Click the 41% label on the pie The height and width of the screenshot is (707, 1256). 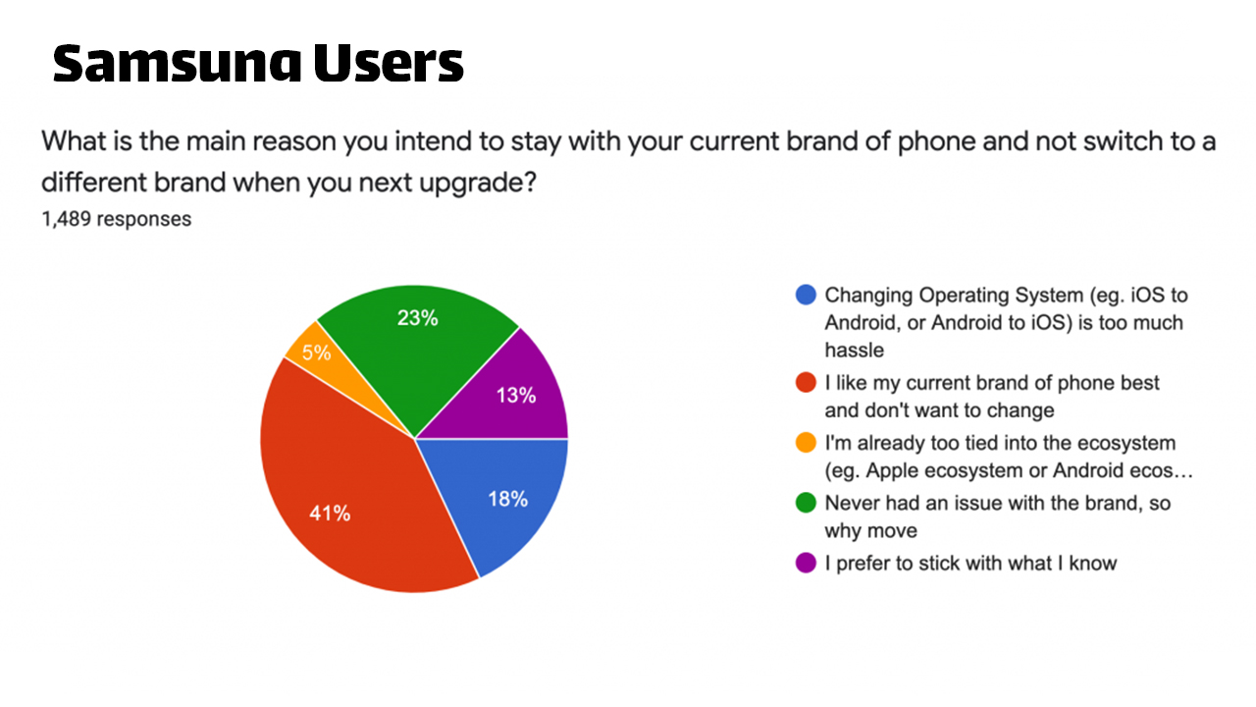330,513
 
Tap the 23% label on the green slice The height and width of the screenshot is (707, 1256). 417,318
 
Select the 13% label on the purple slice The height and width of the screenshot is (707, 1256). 516,396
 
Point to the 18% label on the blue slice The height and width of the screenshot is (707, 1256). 507,499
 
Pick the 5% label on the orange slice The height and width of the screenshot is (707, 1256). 316,353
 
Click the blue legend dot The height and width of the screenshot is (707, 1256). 806,295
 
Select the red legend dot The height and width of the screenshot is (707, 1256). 806,382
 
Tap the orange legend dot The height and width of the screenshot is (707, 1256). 806,442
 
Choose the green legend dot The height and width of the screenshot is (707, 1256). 806,502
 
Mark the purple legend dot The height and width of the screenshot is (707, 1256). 806,563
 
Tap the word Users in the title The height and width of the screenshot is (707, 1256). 389,63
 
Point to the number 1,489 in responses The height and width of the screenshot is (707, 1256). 66,219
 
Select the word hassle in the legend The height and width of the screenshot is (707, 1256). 854,351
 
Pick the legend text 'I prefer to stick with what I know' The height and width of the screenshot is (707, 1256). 970,564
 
